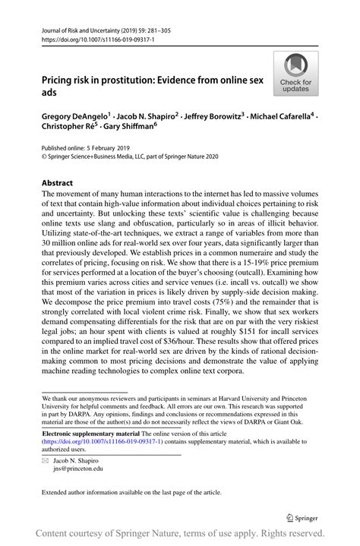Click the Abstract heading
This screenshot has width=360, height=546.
tap(58, 183)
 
